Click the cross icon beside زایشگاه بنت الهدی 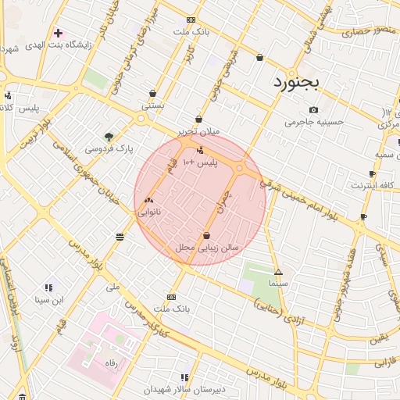(x=58, y=32)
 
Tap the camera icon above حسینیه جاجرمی (x=313, y=110)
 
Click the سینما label (x=279, y=285)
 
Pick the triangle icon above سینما (x=279, y=273)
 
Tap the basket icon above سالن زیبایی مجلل (x=207, y=235)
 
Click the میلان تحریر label (x=198, y=132)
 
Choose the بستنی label (x=152, y=104)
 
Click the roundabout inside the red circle (x=241, y=167)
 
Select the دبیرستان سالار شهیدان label (x=184, y=389)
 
